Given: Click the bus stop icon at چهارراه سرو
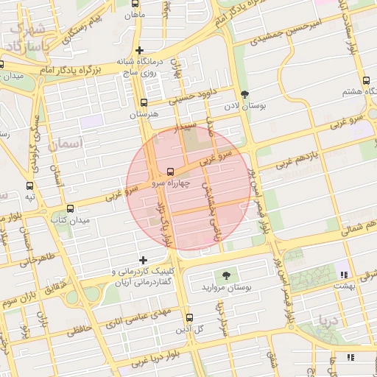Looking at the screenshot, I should [x=171, y=170].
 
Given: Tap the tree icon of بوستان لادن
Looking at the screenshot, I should [x=244, y=94].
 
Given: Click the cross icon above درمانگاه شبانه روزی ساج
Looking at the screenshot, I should [x=139, y=50].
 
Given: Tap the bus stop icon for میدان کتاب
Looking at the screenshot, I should [x=70, y=208].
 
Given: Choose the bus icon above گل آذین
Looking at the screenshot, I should [x=188, y=317].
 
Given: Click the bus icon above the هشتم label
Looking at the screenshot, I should [x=365, y=81].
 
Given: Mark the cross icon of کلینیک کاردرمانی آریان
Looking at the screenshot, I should [x=143, y=260].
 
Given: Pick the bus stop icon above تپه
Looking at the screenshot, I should [x=30, y=186].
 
